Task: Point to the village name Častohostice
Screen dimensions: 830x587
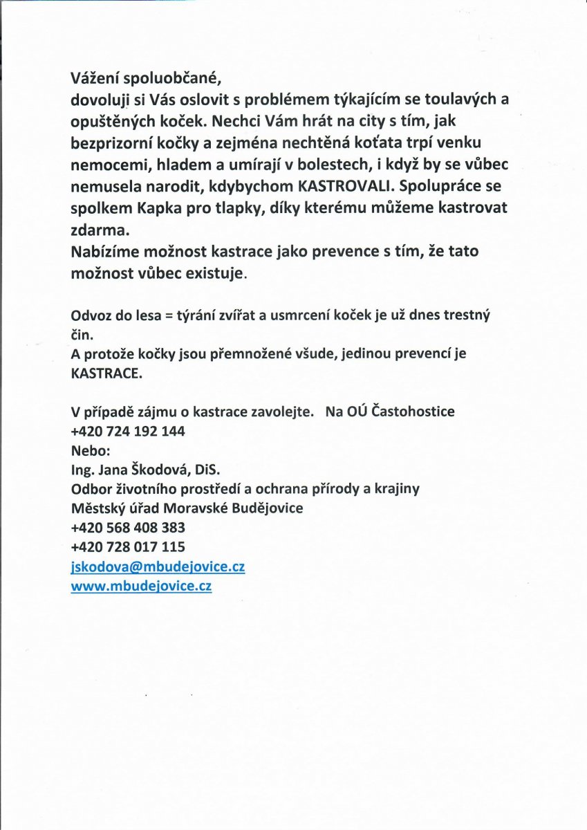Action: tap(413, 412)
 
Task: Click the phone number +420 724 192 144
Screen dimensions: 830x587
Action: tap(127, 431)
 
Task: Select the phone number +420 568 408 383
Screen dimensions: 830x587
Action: tap(127, 527)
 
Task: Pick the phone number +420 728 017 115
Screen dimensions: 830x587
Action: tap(127, 546)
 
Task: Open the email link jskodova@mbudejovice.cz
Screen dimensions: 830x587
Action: tap(158, 566)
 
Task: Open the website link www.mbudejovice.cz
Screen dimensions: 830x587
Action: tap(141, 586)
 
